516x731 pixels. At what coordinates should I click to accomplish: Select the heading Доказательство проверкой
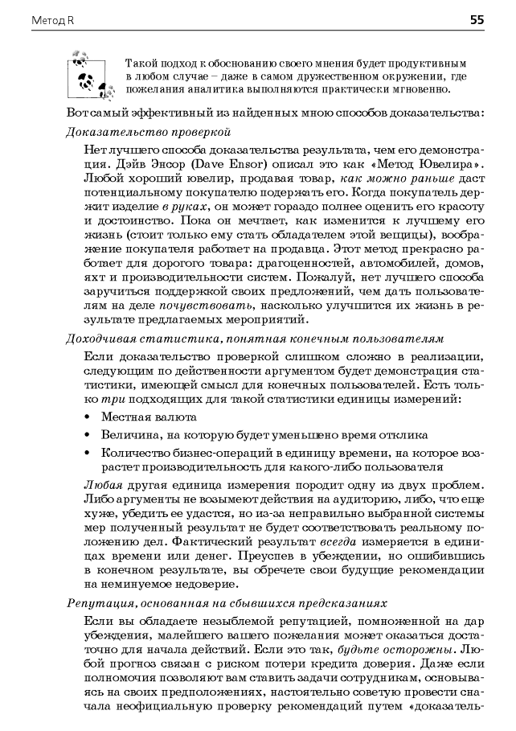point(148,130)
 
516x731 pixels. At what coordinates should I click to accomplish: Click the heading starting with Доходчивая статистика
point(254,339)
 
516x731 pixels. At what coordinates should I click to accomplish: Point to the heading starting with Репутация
point(226,602)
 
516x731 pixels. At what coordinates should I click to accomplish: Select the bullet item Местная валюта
point(149,417)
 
